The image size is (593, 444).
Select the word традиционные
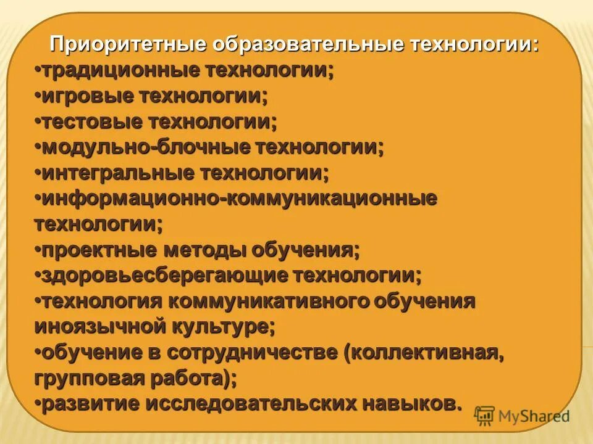[x=121, y=71]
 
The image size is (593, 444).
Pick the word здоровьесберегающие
[x=164, y=276]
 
